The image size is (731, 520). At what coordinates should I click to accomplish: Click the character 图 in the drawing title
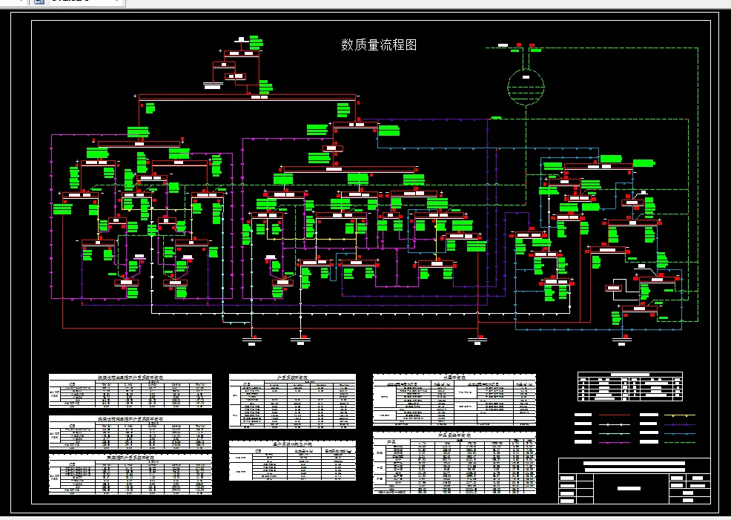411,45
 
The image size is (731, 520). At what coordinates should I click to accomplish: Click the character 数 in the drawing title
347,45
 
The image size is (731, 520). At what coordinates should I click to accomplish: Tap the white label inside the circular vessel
524,76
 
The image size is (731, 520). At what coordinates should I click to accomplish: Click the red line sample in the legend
614,415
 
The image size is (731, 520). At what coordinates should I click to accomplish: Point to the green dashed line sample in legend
679,442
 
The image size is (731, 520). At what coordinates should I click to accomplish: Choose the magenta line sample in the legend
614,442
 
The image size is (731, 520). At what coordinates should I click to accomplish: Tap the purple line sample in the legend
679,424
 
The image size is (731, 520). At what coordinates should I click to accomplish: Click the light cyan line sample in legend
614,433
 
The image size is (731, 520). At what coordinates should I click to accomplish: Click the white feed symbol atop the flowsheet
242,39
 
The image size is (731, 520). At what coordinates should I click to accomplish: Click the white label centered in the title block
629,488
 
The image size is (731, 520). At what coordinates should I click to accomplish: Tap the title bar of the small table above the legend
629,375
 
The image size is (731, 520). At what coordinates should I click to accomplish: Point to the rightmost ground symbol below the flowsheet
623,340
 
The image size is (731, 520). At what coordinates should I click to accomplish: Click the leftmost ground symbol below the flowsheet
252,340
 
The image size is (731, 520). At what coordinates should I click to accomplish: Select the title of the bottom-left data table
130,458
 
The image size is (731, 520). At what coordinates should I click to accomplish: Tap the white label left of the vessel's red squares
503,46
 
